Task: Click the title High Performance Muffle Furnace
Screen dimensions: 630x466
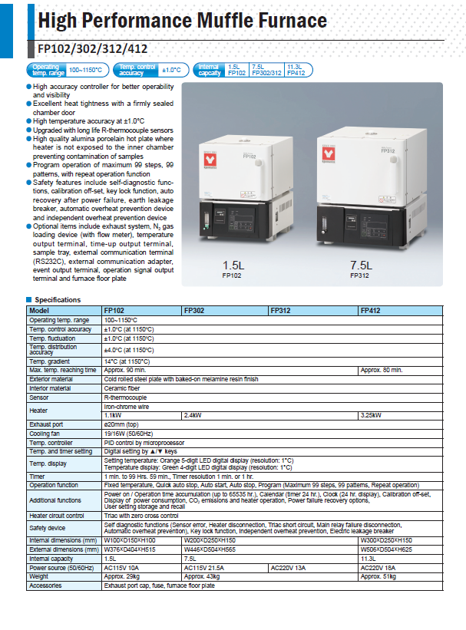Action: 182,21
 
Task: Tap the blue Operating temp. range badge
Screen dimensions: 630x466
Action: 48,70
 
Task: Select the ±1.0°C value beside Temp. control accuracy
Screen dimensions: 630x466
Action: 171,70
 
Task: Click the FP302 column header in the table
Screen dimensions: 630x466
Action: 194,311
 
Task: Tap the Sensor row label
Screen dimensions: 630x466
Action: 39,398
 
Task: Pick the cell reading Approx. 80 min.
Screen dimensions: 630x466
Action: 382,370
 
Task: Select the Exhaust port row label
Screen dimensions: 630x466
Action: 46,424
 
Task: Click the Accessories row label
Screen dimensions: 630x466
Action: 45,585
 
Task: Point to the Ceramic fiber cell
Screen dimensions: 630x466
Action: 123,389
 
